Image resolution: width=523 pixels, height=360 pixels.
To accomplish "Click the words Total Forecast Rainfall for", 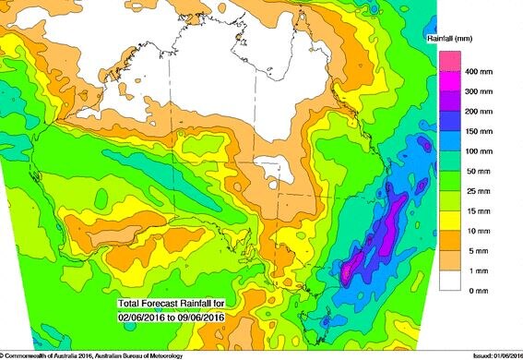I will pos(165,304).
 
